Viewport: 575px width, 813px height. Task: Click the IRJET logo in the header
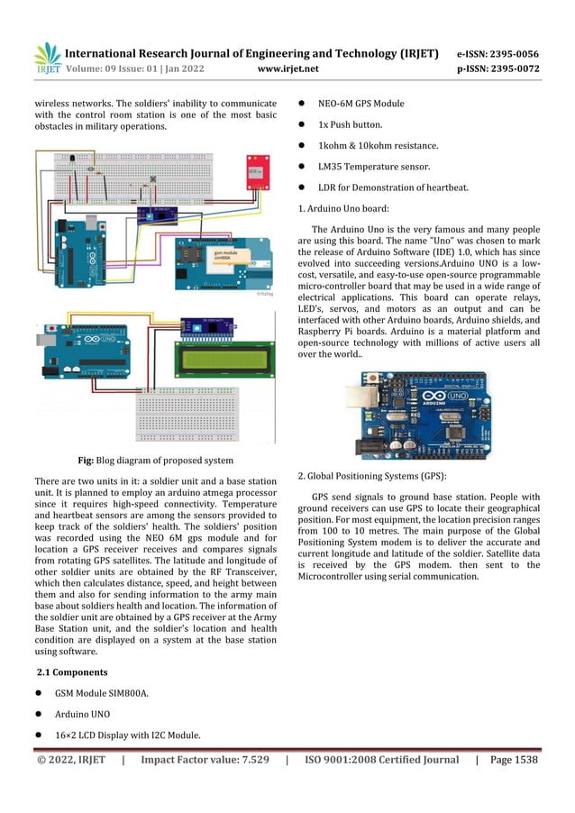pos(47,59)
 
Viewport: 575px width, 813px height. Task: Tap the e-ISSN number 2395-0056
pos(512,53)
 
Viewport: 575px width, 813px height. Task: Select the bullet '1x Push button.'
pos(351,124)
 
